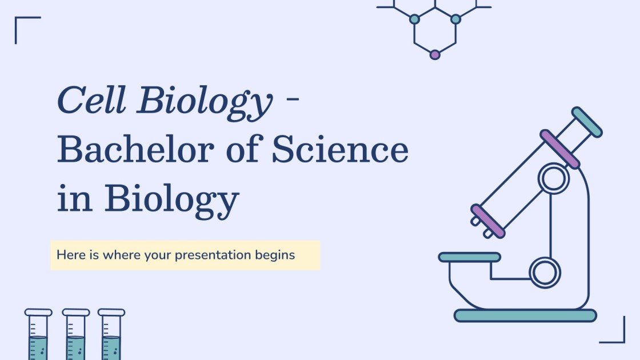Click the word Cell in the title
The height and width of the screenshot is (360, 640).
[x=91, y=102]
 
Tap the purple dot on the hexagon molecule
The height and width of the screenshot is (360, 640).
[x=435, y=55]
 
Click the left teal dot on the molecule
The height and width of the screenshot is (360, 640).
[x=414, y=19]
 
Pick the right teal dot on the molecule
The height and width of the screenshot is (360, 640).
[x=455, y=19]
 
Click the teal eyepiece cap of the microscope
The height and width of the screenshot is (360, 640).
[x=587, y=122]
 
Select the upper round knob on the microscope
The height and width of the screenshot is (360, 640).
[x=553, y=179]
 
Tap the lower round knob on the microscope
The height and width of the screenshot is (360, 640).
[x=545, y=272]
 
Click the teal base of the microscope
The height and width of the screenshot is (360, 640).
[x=525, y=315]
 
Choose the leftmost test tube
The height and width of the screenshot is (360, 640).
[x=38, y=337]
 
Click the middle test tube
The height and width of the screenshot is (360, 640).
[x=75, y=337]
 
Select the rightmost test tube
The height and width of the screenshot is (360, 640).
[x=111, y=337]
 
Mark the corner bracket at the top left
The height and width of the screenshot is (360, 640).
[x=23, y=26]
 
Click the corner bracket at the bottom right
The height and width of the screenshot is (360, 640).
[x=616, y=334]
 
